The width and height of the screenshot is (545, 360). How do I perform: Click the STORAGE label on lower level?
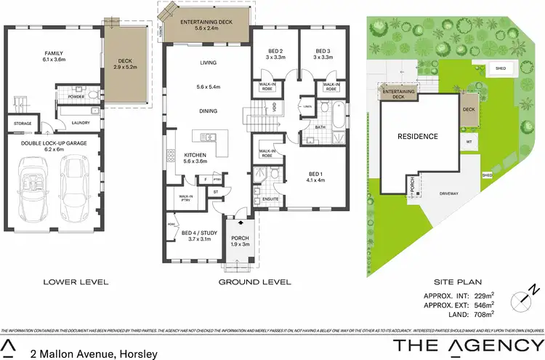[23, 124]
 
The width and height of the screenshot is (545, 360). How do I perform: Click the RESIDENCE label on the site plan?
[417, 136]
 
